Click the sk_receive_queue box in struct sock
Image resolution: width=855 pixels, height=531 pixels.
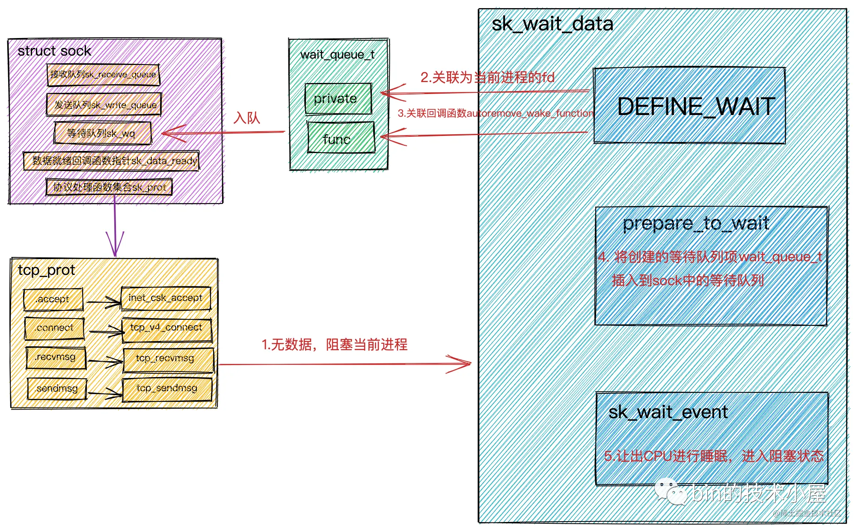[x=103, y=75]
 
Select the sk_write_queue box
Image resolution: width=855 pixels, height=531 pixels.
[x=104, y=105]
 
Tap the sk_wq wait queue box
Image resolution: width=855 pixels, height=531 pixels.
[x=103, y=133]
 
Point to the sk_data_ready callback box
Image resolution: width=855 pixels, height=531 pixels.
[x=111, y=161]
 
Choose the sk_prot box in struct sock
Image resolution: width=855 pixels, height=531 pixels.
[x=109, y=187]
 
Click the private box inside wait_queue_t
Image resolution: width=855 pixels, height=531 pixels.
[x=338, y=99]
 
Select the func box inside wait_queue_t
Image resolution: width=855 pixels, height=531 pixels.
[x=341, y=138]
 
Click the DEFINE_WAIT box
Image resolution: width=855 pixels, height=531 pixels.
[x=689, y=106]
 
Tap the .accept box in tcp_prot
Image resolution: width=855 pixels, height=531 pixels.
[x=53, y=299]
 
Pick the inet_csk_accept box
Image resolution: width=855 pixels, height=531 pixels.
[x=166, y=298]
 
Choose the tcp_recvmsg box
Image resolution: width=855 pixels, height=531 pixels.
[x=168, y=360]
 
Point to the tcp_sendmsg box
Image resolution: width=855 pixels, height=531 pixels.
[x=167, y=389]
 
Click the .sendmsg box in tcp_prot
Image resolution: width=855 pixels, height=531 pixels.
[x=57, y=389]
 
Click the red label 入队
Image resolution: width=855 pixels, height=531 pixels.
[x=247, y=118]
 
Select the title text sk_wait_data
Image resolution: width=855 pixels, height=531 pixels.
[x=552, y=24]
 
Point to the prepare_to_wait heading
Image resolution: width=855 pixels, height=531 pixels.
[x=695, y=223]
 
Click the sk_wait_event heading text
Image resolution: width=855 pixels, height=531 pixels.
[x=668, y=412]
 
